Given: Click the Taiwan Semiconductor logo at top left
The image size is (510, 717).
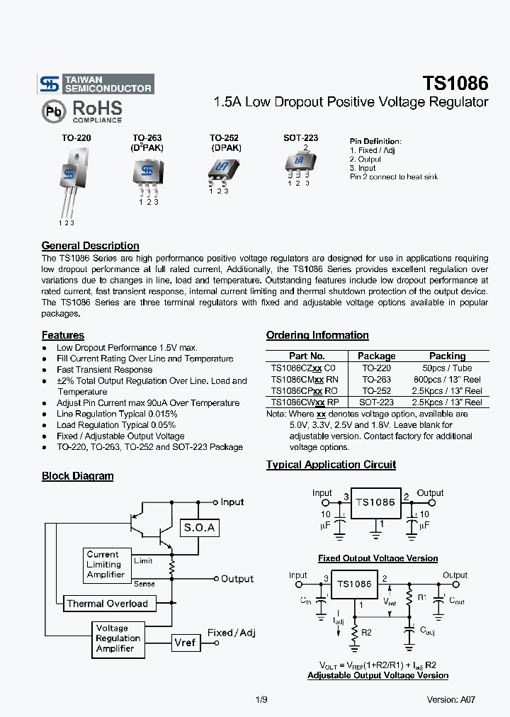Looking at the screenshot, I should coord(96,84).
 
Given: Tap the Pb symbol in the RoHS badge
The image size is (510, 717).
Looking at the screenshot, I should coord(52,111).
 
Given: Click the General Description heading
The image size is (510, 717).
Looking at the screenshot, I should coord(90,246).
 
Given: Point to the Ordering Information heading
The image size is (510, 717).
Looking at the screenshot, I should coord(317,335).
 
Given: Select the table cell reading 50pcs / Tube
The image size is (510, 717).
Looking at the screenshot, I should coord(447,368).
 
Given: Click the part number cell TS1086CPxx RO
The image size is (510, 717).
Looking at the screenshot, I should coord(304,390).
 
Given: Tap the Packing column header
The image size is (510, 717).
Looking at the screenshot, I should coord(447,356).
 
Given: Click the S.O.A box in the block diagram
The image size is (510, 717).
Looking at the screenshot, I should coord(199,528).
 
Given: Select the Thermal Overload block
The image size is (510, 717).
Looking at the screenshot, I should coord(107,604).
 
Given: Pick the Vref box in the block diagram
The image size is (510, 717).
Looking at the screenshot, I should coord(184,643).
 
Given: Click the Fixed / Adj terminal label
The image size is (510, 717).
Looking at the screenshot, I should coord(232,633).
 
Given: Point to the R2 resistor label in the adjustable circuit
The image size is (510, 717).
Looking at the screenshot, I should coord(366,632).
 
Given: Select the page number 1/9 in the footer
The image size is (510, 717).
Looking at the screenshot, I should coord(261,699).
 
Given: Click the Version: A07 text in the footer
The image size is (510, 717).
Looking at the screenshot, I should coord(450,699).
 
